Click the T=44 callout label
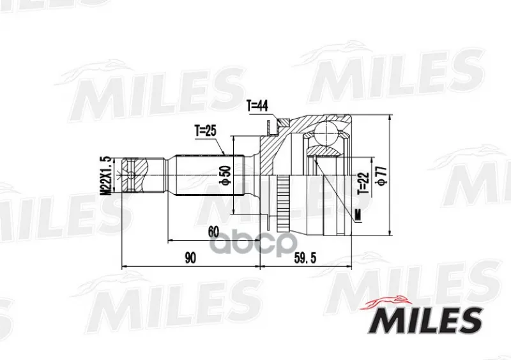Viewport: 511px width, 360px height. tap(257, 106)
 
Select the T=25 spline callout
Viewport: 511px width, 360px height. tap(205, 131)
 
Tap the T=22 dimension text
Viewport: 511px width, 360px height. tap(364, 183)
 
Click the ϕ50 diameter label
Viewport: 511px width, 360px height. tap(227, 176)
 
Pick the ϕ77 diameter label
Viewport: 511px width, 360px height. tap(381, 176)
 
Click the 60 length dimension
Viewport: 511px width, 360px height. tap(213, 232)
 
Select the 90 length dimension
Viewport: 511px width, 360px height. tap(190, 258)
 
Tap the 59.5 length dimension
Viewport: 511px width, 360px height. tap(305, 258)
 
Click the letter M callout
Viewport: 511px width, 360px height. tap(358, 215)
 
